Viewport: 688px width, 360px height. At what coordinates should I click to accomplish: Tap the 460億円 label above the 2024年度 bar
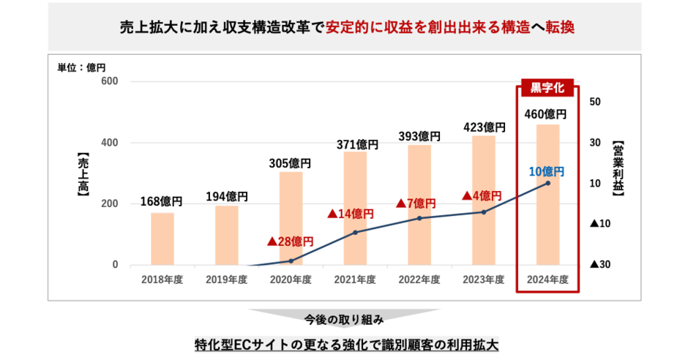[x=546, y=115]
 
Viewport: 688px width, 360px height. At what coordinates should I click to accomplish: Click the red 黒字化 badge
[x=547, y=89]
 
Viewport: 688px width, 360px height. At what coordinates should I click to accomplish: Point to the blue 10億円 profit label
[x=546, y=171]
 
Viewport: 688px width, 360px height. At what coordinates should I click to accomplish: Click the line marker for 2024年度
[x=547, y=183]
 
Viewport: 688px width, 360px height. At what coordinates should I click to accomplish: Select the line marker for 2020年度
[x=291, y=261]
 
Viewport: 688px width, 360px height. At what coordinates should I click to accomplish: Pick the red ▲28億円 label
[x=291, y=241]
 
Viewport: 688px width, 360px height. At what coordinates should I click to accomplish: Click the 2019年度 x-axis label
[x=226, y=279]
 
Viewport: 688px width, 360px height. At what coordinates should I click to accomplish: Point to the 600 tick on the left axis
[x=110, y=81]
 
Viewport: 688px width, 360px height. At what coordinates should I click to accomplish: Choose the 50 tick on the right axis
[x=595, y=102]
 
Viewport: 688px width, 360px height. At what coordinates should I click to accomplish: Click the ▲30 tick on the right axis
[x=600, y=265]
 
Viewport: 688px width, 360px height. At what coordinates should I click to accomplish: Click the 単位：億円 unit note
[x=81, y=68]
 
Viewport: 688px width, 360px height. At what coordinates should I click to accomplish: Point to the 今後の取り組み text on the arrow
[x=343, y=319]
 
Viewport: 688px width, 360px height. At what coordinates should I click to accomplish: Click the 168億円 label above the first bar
[x=162, y=201]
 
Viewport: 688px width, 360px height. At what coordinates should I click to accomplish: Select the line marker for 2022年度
[x=419, y=218]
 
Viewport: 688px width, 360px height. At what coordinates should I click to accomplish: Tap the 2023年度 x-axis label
[x=483, y=279]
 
